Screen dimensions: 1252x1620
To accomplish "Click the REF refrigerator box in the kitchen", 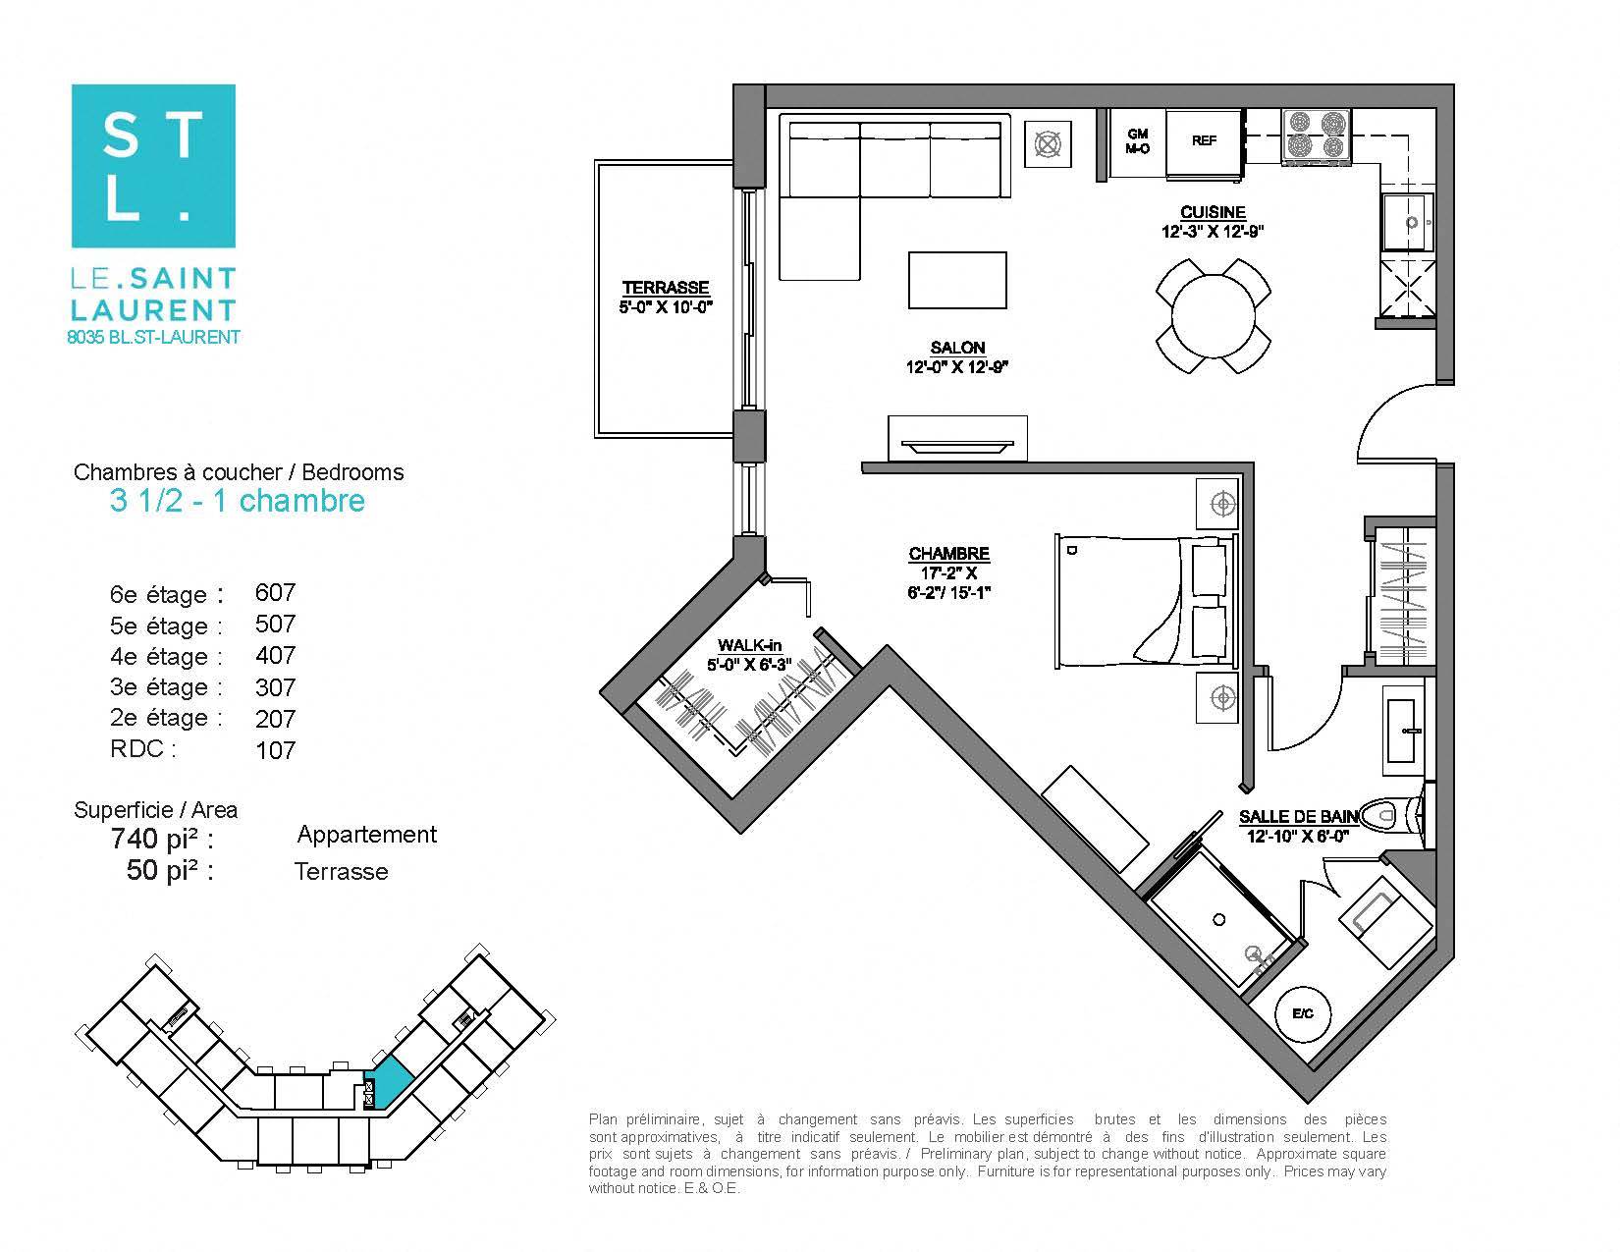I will [x=1204, y=143].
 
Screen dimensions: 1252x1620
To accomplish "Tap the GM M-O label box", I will [x=1137, y=142].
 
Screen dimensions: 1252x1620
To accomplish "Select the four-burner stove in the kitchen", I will [x=1316, y=136].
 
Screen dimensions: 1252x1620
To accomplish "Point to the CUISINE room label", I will [x=1213, y=213].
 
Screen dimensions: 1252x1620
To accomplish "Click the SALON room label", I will [x=957, y=348].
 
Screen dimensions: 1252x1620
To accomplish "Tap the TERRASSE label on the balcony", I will [x=666, y=288].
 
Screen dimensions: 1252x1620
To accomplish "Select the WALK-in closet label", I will [x=749, y=645].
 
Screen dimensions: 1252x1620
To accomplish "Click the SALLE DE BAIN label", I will [x=1297, y=817].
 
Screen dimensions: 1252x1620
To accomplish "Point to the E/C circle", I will [x=1303, y=1013].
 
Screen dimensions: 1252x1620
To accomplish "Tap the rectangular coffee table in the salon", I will [x=957, y=281].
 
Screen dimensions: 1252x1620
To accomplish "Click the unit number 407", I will [x=275, y=655].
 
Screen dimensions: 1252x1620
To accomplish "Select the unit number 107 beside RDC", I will [x=275, y=750].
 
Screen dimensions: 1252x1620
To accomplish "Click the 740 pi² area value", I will [x=161, y=839].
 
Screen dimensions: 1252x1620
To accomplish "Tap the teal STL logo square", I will [x=153, y=166].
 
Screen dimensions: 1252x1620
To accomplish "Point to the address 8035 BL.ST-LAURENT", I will [x=153, y=337].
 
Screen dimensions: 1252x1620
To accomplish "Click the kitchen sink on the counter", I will [x=1407, y=223].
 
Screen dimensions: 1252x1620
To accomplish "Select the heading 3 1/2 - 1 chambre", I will [x=238, y=501].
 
